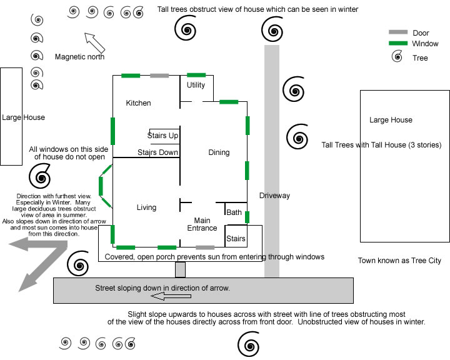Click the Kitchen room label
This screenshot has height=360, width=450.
[138, 103]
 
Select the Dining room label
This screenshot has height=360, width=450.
[219, 152]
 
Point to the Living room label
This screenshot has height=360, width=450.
[146, 207]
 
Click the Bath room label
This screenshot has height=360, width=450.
[234, 212]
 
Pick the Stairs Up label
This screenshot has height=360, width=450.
[162, 136]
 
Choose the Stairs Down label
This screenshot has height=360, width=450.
[158, 152]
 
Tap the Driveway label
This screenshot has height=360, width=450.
[275, 196]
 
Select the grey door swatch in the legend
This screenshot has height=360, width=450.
[398, 32]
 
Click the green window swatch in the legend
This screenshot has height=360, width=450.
[398, 44]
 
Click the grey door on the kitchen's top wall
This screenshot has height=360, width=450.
[159, 76]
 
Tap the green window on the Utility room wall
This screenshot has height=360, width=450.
[196, 75]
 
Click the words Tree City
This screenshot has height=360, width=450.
[427, 261]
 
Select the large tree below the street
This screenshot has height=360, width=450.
[249, 344]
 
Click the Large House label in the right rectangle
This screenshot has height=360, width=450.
[391, 120]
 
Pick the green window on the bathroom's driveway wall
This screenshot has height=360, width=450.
[247, 217]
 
